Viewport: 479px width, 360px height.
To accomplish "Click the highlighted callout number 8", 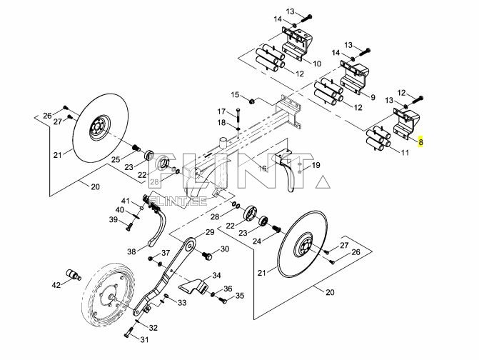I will pos(422,142).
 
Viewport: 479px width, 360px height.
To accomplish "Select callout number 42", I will pos(56,286).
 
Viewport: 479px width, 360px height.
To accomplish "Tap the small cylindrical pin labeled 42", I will pos(72,274).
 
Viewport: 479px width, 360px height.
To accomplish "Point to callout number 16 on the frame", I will pos(262,169).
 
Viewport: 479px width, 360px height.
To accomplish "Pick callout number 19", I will pos(316,165).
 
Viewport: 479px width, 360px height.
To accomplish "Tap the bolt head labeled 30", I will pos(206,254).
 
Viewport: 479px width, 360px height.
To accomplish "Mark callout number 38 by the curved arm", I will pos(131,251).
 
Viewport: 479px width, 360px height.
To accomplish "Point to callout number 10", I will pos(316,64).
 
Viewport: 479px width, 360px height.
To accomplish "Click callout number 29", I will pos(210,233).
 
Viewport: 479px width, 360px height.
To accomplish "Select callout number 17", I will pos(222,111).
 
